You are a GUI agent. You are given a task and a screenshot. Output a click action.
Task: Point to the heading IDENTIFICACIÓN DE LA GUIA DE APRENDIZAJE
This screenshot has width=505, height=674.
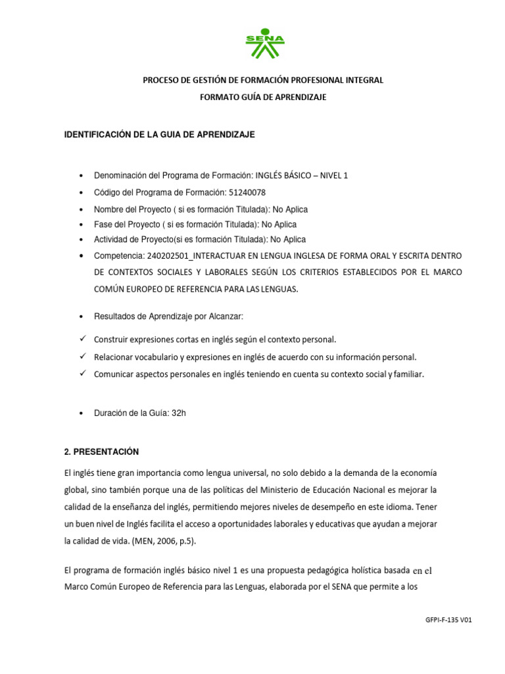[x=158, y=134]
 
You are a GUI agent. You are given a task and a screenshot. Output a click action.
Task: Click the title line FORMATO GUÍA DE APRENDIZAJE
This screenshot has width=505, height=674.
[x=263, y=97]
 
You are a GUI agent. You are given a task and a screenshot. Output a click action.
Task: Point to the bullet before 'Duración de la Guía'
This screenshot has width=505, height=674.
[x=80, y=413]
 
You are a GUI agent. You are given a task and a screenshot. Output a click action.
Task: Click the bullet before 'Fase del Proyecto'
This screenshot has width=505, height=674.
[x=80, y=225]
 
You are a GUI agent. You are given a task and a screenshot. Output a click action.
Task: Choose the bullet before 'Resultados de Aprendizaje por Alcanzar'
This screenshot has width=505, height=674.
[x=80, y=317]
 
